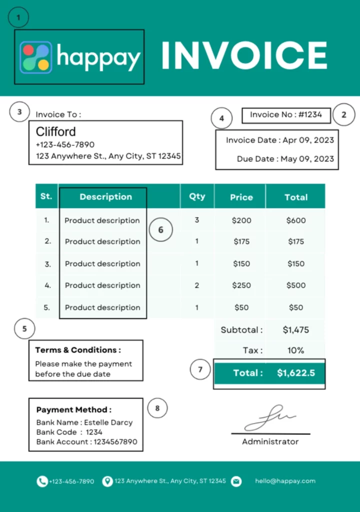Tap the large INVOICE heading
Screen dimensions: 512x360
pyautogui.click(x=244, y=55)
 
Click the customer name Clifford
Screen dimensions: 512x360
pyautogui.click(x=56, y=132)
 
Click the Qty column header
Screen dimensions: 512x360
pyautogui.click(x=197, y=196)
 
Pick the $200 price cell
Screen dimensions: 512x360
pyautogui.click(x=241, y=220)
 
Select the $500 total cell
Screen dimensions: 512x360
pyautogui.click(x=296, y=285)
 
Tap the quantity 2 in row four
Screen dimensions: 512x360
pyautogui.click(x=197, y=285)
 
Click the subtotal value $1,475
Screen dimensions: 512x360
pyautogui.click(x=296, y=330)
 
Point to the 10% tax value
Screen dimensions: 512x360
pyautogui.click(x=296, y=350)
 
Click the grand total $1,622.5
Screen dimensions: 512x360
pyautogui.click(x=296, y=373)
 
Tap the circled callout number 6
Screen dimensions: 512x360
pyautogui.click(x=160, y=230)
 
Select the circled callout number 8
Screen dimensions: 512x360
pyautogui.click(x=157, y=408)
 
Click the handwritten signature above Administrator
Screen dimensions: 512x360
pyautogui.click(x=270, y=418)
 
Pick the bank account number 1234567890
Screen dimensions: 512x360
pyautogui.click(x=115, y=442)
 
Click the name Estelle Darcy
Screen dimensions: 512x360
pyautogui.click(x=108, y=422)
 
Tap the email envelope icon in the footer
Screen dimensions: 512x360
pyautogui.click(x=236, y=481)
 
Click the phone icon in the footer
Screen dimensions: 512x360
pyautogui.click(x=42, y=481)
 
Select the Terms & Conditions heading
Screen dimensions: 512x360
pyautogui.click(x=78, y=350)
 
